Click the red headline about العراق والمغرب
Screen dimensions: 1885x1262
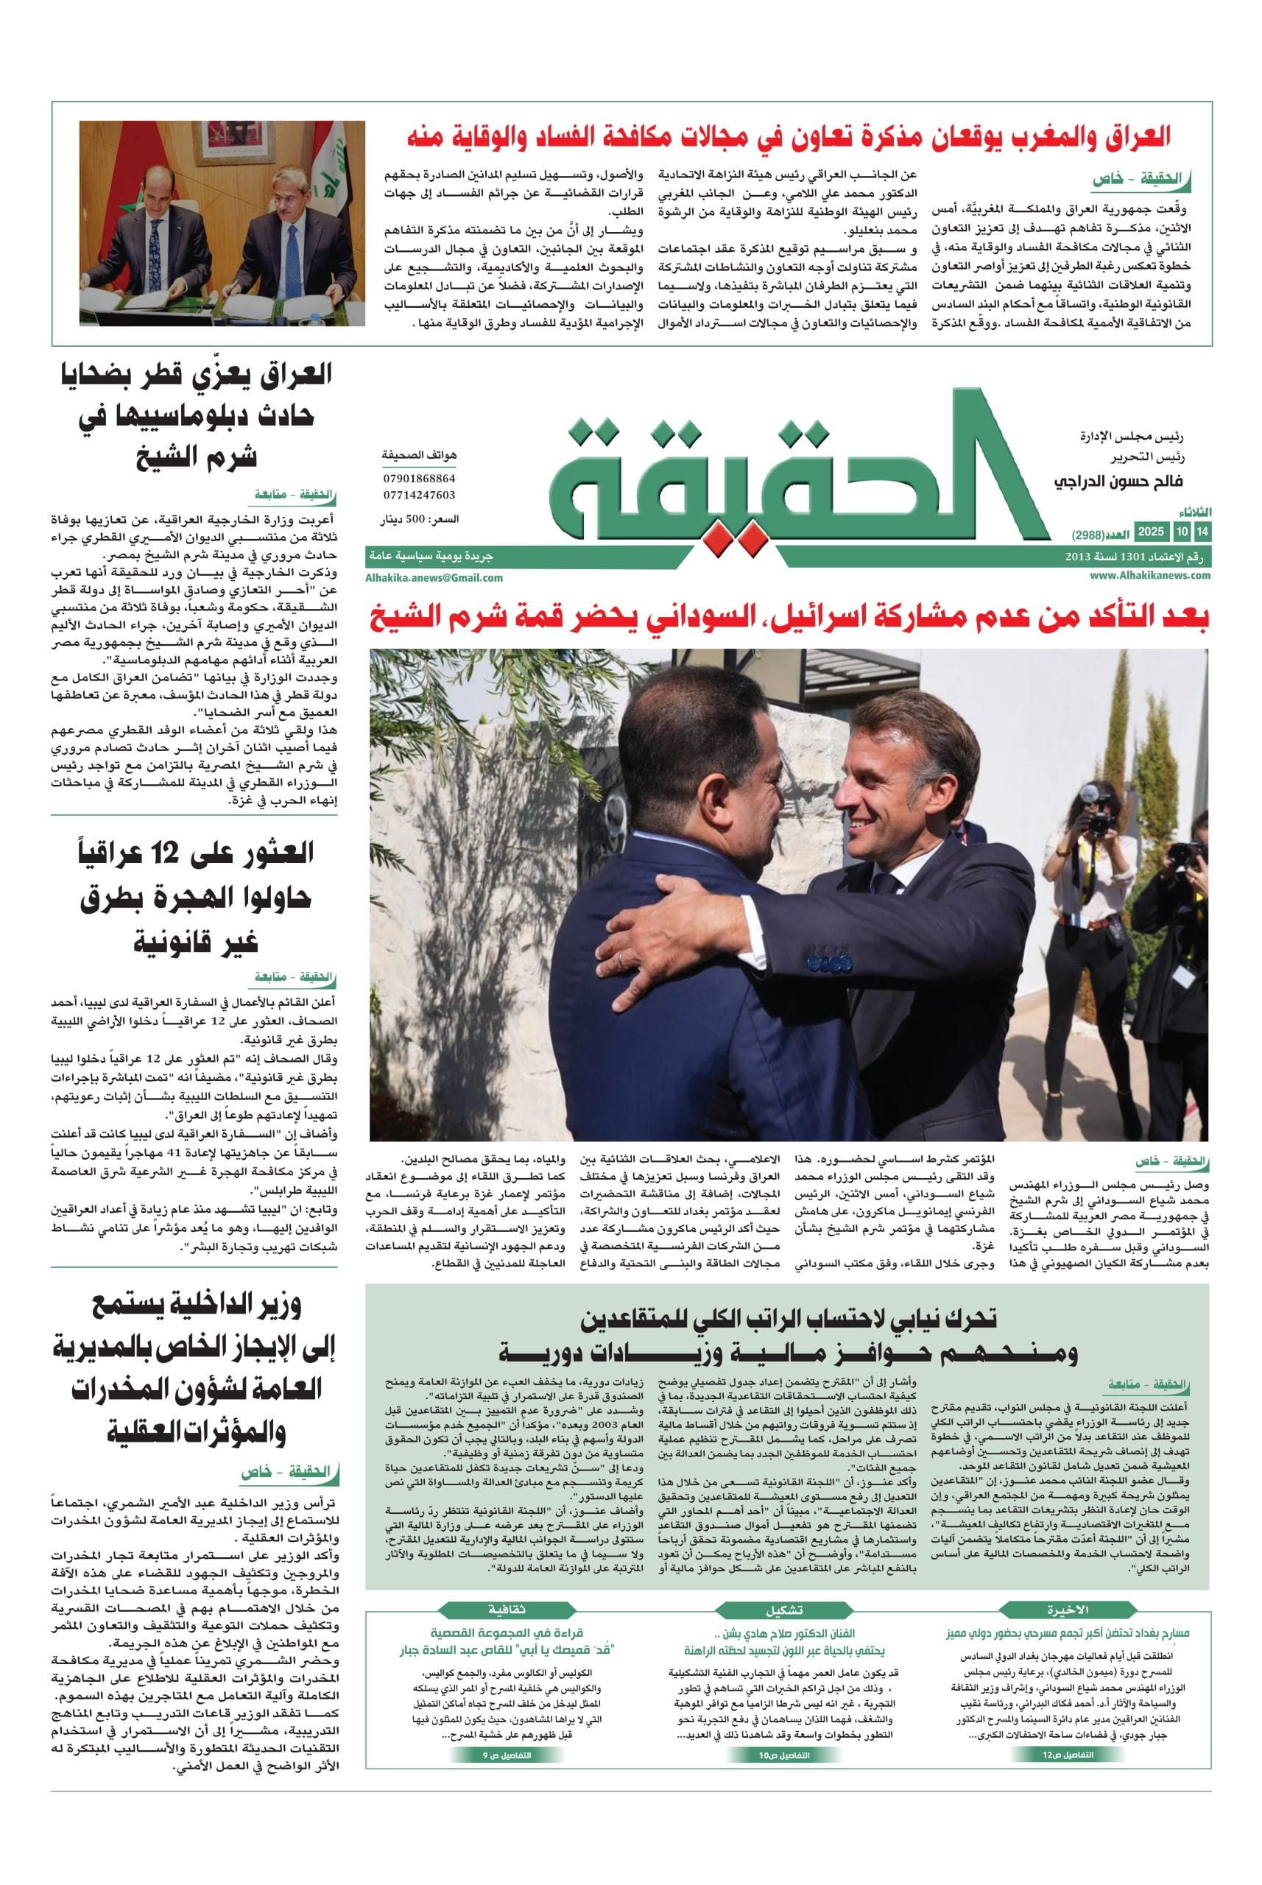tap(789, 137)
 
